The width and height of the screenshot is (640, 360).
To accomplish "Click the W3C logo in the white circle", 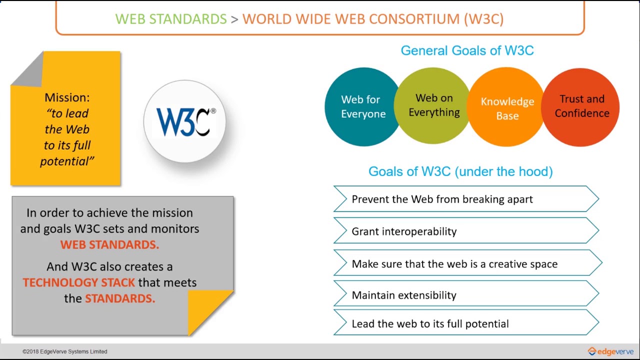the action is [x=186, y=122].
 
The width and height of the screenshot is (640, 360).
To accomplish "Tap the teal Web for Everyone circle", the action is [x=363, y=107].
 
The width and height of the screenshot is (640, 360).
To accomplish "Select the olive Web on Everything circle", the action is [x=433, y=105].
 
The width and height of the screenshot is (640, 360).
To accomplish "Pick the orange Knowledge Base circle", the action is [x=507, y=107].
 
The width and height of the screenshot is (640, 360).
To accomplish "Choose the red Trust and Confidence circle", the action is [x=580, y=107].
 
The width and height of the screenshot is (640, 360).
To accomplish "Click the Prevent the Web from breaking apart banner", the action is [x=466, y=199].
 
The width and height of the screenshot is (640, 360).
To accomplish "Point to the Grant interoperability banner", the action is [x=466, y=230].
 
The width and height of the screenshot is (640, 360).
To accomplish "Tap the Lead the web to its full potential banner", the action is [x=466, y=322].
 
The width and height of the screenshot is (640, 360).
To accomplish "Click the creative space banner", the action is [x=467, y=263].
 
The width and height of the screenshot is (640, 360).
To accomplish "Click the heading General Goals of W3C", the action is [x=467, y=50].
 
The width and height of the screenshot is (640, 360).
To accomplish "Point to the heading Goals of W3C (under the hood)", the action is [x=460, y=171].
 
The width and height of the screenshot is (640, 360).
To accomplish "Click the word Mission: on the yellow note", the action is [x=67, y=97].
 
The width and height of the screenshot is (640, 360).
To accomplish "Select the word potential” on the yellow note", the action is [x=67, y=161].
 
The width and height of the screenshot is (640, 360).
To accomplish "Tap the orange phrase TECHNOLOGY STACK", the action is [x=79, y=282].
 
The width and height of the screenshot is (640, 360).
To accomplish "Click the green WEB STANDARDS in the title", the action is [x=171, y=19].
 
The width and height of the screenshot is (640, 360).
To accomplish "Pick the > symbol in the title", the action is [x=234, y=19].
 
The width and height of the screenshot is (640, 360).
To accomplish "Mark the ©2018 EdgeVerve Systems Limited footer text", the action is [x=65, y=351].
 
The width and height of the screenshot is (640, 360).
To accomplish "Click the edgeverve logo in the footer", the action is [x=610, y=351].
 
